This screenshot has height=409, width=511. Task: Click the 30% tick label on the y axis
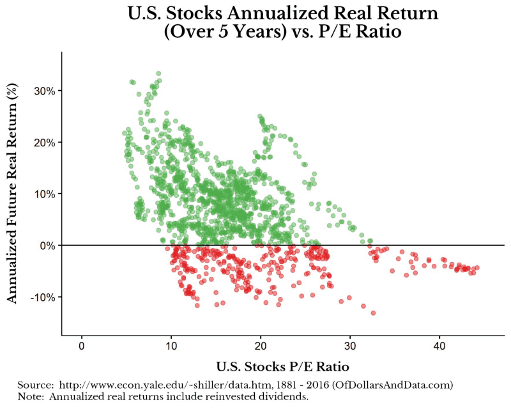(x=45, y=91)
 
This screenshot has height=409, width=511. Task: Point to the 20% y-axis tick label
(x=45, y=142)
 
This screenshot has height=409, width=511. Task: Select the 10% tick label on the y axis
(x=45, y=194)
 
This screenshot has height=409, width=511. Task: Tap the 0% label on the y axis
(x=48, y=245)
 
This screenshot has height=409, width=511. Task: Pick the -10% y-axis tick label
(x=43, y=297)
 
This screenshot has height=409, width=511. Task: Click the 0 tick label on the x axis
(x=82, y=345)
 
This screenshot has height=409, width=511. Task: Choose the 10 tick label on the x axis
(x=171, y=345)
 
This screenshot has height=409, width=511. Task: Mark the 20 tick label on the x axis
(x=261, y=345)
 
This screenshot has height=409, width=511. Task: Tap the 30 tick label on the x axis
(x=350, y=345)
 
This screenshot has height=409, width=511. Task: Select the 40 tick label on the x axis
(x=439, y=345)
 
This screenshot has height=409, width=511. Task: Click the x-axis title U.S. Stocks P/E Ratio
(x=283, y=367)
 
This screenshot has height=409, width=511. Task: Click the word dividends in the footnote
(x=289, y=396)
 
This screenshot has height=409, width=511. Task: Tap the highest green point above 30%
(x=158, y=73)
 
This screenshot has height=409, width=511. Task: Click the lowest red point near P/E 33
(x=373, y=313)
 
